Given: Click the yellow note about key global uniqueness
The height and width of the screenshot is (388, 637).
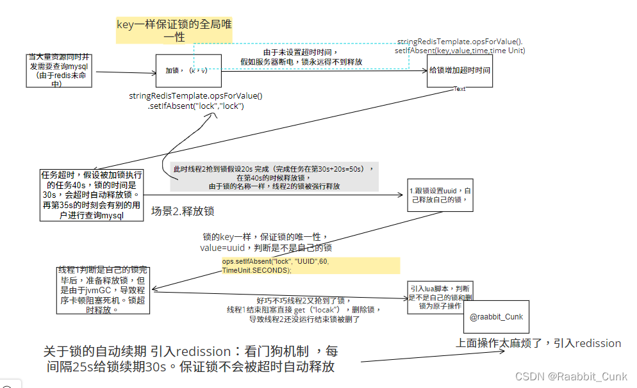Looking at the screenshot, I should (x=174, y=31).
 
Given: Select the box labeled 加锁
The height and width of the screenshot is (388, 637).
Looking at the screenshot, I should (x=189, y=70).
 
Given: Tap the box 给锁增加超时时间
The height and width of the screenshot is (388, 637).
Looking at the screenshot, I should (x=459, y=70).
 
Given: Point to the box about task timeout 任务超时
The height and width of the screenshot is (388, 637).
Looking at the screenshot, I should (x=91, y=195).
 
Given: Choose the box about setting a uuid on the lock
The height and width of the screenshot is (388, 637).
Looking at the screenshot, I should (x=441, y=195).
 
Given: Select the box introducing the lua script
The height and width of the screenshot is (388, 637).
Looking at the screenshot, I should (x=440, y=297).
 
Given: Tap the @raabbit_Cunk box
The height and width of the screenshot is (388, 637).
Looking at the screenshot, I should (x=496, y=317).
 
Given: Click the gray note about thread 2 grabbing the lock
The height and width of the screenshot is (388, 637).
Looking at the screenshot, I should (x=275, y=177).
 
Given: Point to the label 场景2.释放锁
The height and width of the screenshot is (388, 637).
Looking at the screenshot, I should (x=183, y=211).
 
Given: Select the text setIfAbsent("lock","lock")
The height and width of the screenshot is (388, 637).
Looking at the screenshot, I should (x=195, y=106).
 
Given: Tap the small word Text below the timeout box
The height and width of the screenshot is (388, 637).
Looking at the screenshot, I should (x=459, y=89).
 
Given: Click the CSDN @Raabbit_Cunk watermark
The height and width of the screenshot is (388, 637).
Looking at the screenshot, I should (x=571, y=376).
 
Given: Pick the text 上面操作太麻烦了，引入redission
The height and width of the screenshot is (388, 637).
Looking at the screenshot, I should (x=538, y=343).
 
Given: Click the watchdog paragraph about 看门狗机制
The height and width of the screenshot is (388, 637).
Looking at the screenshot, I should (x=190, y=359).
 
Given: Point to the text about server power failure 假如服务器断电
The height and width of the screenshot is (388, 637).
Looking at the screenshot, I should (x=301, y=61).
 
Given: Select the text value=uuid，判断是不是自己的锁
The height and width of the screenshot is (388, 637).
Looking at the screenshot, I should (x=265, y=247).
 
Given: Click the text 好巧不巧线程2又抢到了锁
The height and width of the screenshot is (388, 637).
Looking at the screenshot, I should (x=304, y=300).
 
